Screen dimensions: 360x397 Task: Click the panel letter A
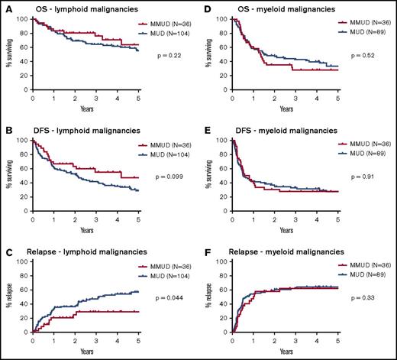[7, 8]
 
